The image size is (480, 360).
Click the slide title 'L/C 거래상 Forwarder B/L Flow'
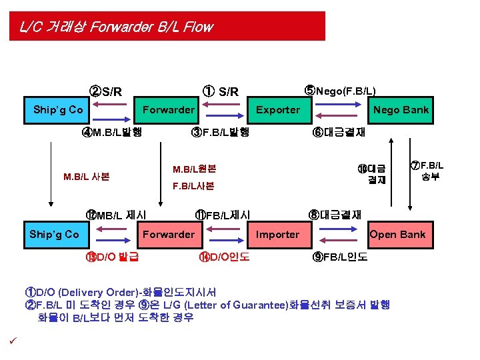click(x=116, y=27)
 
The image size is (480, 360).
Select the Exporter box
click(x=278, y=109)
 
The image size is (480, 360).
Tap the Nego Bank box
click(x=401, y=109)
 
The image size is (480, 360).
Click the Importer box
click(x=278, y=234)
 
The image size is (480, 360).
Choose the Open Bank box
click(x=397, y=234)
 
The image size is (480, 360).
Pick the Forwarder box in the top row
click(x=169, y=109)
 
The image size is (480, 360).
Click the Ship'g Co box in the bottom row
click(x=54, y=234)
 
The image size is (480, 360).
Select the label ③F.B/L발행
click(x=219, y=131)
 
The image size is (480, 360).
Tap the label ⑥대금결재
click(x=339, y=131)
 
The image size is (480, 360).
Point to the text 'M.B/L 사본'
click(x=86, y=177)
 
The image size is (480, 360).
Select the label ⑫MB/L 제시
click(x=116, y=215)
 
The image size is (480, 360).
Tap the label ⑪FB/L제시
click(x=223, y=215)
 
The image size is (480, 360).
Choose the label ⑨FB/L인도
click(x=339, y=257)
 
